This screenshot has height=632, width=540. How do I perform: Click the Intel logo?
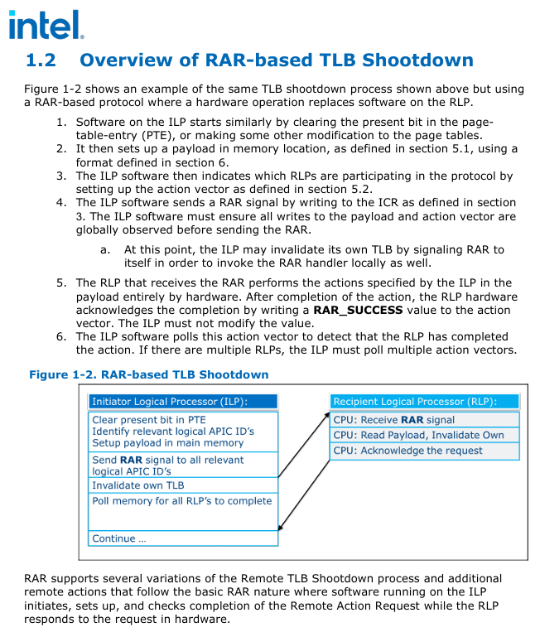[x=46, y=25]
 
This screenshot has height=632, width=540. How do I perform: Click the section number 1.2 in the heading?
[x=41, y=60]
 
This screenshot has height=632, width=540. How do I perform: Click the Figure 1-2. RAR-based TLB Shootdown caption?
[x=149, y=374]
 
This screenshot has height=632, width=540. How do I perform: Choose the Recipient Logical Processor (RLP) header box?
[x=425, y=402]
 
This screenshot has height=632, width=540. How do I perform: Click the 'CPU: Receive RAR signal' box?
[x=425, y=420]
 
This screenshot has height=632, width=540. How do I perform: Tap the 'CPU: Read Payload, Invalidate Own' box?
[x=425, y=435]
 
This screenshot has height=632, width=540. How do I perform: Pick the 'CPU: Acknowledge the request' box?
[x=425, y=451]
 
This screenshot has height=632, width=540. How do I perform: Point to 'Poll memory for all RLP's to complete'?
[x=181, y=500]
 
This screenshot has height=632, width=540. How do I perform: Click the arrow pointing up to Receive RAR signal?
[x=305, y=447]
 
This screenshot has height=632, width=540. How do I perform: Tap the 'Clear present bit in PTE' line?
[x=149, y=420]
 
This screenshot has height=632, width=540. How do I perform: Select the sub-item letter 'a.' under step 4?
[x=105, y=249]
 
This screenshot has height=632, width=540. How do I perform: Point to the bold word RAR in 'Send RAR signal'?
[x=131, y=460]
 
